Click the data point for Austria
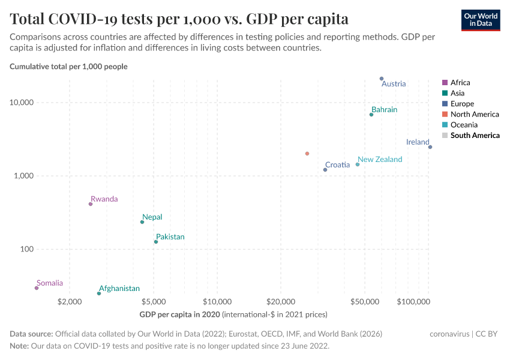click(x=382, y=79)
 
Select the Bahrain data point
click(x=371, y=115)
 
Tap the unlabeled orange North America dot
click(x=307, y=154)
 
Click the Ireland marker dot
click(x=430, y=147)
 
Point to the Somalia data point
click(x=37, y=288)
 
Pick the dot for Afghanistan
click(x=99, y=293)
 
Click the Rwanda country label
click(x=104, y=199)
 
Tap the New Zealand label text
click(x=380, y=160)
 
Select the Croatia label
click(x=337, y=165)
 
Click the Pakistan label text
click(x=170, y=237)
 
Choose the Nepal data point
click(x=142, y=222)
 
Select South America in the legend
click(x=475, y=136)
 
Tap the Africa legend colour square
click(x=445, y=83)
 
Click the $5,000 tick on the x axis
click(x=154, y=301)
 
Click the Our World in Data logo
click(x=481, y=20)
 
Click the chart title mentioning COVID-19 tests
click(x=179, y=19)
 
